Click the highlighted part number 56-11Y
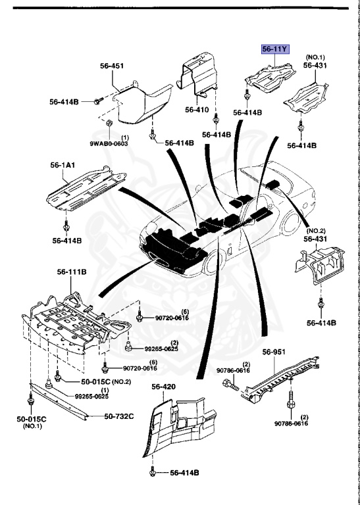(276, 49)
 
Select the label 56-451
(113, 66)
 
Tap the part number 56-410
(196, 110)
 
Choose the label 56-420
(163, 387)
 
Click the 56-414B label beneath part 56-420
(184, 473)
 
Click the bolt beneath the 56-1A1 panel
(66, 226)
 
